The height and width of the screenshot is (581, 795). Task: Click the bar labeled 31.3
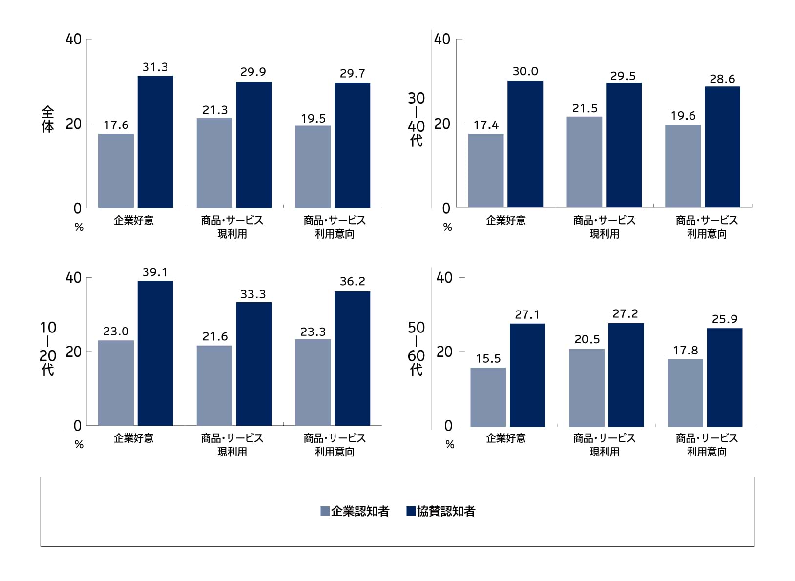(x=155, y=142)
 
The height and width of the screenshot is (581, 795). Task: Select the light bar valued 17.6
(x=116, y=171)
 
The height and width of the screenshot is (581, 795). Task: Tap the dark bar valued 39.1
(x=155, y=353)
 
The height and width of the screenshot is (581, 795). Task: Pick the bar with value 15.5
(x=488, y=397)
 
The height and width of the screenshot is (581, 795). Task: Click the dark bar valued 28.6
(x=722, y=147)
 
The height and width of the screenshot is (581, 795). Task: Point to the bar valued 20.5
(x=586, y=387)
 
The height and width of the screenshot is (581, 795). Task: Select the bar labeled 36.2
(x=352, y=358)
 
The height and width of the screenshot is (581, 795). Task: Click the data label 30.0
(x=525, y=71)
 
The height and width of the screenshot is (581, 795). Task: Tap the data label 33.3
(x=253, y=294)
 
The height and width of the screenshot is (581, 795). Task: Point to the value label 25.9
(x=724, y=319)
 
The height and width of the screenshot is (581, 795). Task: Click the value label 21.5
(x=585, y=108)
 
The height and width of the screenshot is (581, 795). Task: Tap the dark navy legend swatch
(x=411, y=511)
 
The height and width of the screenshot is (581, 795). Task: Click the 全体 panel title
(x=47, y=120)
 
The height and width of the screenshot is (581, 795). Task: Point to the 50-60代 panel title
(x=416, y=348)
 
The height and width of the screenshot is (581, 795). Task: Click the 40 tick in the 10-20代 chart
(x=73, y=278)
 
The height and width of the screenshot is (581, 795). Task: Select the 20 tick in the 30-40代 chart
(x=442, y=124)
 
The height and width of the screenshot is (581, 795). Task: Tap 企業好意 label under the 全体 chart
(x=133, y=221)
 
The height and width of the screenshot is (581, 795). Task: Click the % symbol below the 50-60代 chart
(x=450, y=445)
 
